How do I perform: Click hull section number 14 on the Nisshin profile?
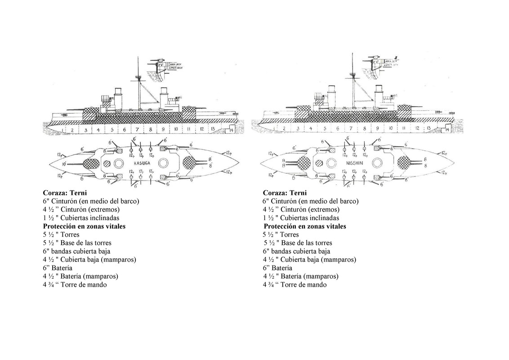(444, 129)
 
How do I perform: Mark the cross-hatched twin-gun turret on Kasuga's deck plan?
(192, 162)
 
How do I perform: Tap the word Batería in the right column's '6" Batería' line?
(281, 268)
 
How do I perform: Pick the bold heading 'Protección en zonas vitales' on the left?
(84, 226)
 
